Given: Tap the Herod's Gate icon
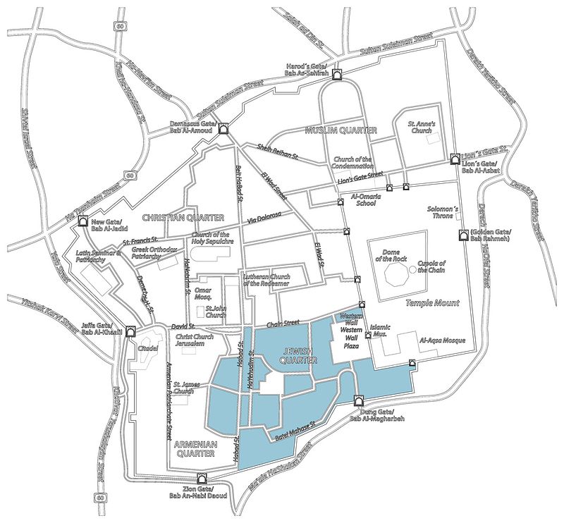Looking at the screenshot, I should (338, 75).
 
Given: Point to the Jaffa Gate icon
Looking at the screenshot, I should (131, 330).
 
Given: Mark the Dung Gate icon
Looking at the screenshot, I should (357, 401).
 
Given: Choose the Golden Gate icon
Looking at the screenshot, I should (462, 235).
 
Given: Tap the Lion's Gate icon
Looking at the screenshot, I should (455, 157).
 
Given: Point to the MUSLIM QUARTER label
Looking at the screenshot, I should (341, 130).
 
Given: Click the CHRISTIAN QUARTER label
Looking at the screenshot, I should (183, 218).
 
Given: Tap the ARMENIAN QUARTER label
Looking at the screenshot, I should (195, 449).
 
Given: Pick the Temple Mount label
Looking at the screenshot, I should (432, 303).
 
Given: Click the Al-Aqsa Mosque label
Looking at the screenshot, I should (443, 340).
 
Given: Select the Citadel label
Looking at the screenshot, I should (147, 347).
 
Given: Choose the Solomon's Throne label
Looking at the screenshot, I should (445, 214).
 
